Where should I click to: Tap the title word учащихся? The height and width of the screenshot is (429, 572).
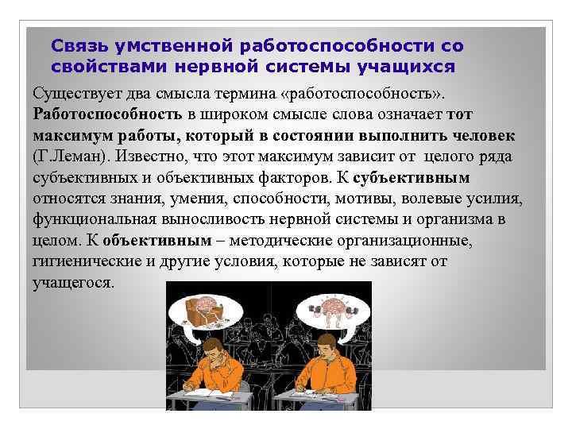(x=413, y=67)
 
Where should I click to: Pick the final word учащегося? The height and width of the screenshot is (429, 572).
(x=74, y=283)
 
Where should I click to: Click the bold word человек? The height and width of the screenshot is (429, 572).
(x=481, y=133)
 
